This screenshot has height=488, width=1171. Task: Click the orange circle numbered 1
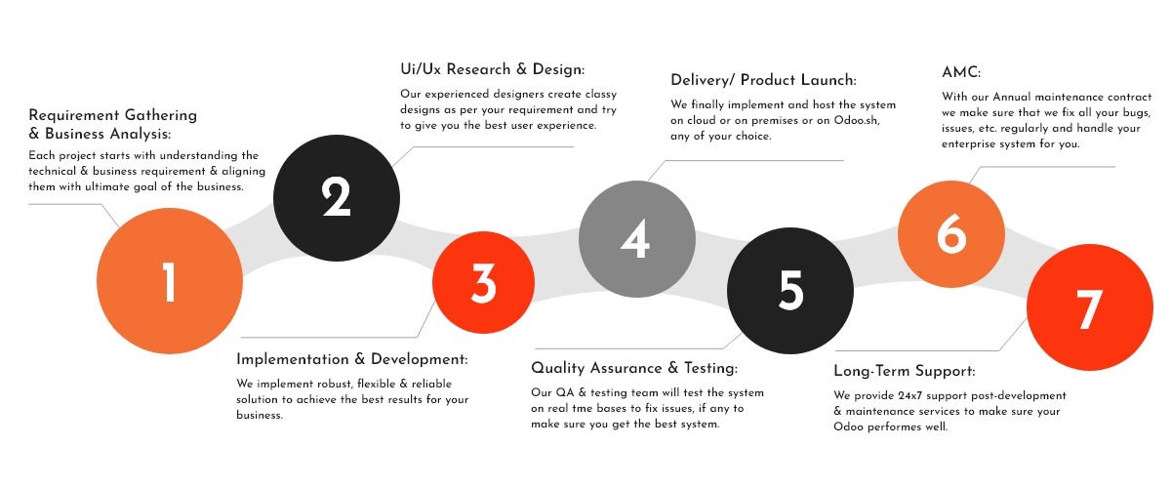pos(170,281)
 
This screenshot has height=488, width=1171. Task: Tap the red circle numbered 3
pos(483,282)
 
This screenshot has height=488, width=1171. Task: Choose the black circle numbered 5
pos(790,289)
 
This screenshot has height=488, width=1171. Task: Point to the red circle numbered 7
pos(1088,307)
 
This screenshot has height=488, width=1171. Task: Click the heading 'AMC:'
pos(961,73)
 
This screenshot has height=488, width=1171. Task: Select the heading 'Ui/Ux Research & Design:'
pos(492,69)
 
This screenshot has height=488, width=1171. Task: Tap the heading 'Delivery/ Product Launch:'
pos(763,80)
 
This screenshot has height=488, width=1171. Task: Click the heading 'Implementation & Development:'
pos(352,358)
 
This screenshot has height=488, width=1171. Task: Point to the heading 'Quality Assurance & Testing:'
pos(634,368)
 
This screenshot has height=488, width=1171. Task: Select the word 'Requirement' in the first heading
pos(71,115)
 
